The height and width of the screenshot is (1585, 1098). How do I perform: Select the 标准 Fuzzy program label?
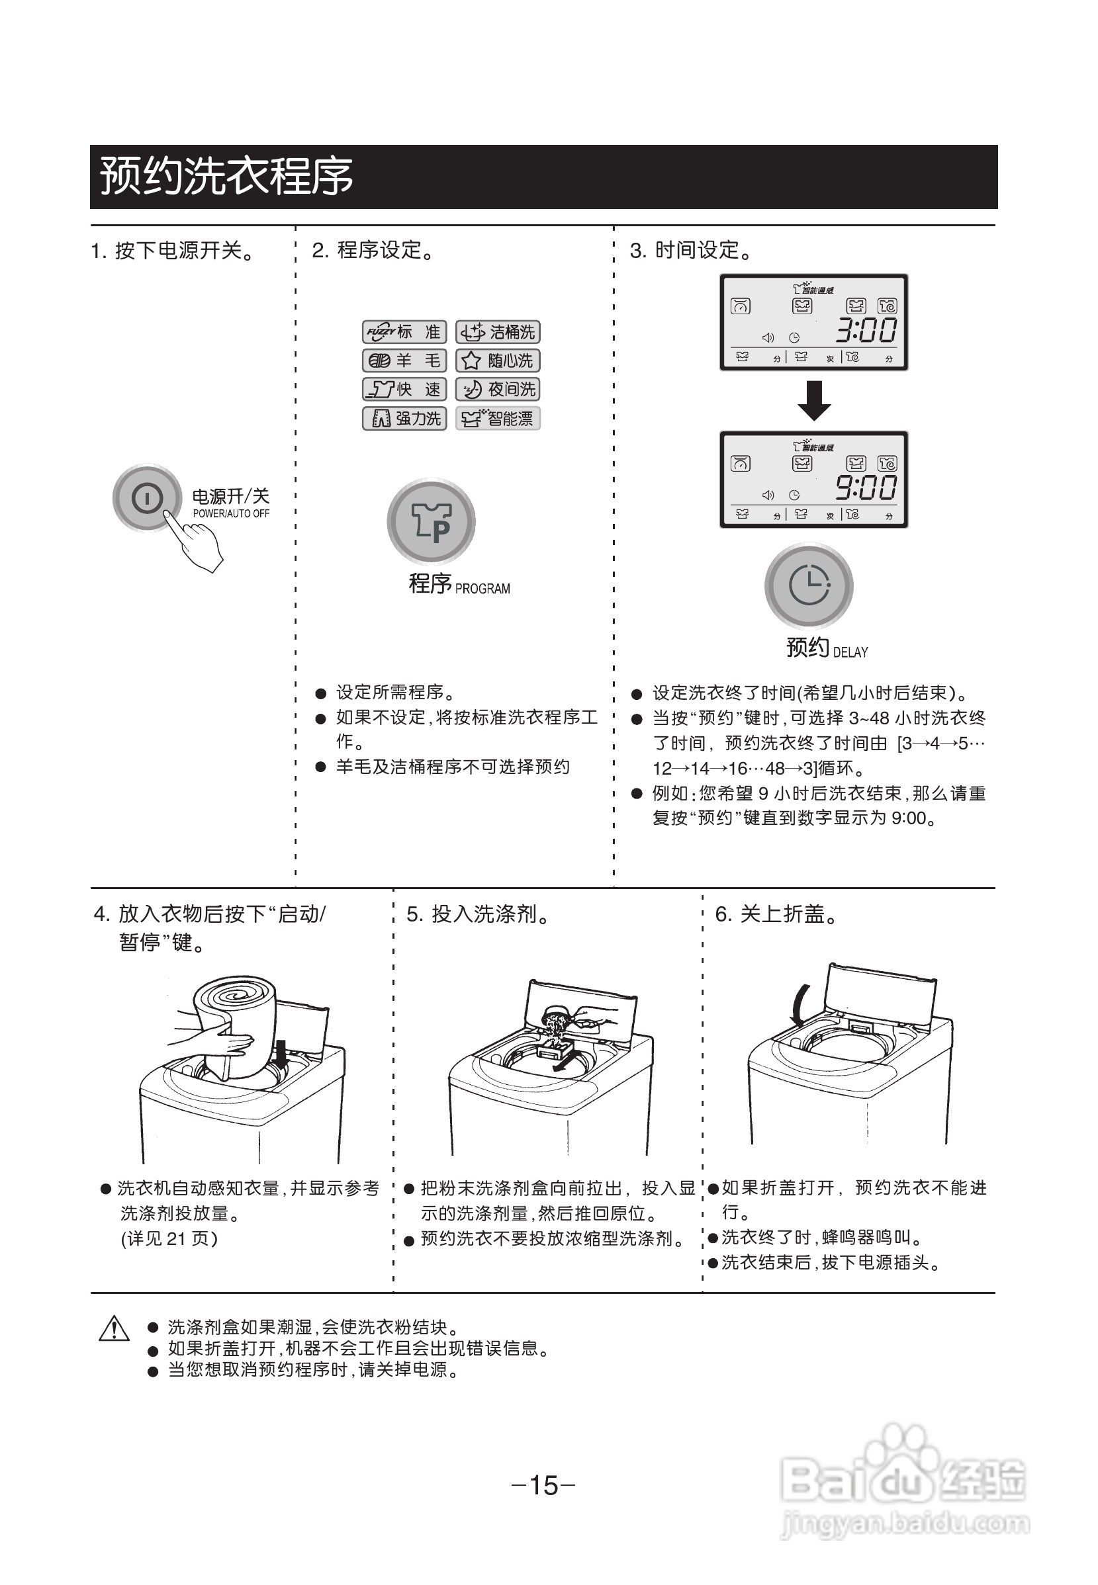pyautogui.click(x=404, y=332)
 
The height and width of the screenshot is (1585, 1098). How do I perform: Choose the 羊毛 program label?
pyautogui.click(x=404, y=361)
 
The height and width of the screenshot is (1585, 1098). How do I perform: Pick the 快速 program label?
pyautogui.click(x=404, y=389)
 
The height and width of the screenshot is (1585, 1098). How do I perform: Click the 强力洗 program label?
pyautogui.click(x=404, y=418)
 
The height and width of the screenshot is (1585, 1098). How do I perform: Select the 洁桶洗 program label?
pyautogui.click(x=498, y=332)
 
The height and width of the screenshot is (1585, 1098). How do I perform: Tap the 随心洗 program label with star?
pyautogui.click(x=498, y=361)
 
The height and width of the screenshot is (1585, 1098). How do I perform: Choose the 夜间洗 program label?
pyautogui.click(x=498, y=389)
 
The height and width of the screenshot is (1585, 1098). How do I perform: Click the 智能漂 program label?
pyautogui.click(x=498, y=418)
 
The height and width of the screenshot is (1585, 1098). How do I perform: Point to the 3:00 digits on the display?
pyautogui.click(x=866, y=331)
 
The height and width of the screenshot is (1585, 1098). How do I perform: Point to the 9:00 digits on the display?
pyautogui.click(x=866, y=488)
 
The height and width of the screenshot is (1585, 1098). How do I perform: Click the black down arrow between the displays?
pyautogui.click(x=814, y=400)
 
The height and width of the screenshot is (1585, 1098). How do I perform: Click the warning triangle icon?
pyautogui.click(x=114, y=1328)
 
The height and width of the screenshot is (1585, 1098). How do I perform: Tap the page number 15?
pyautogui.click(x=543, y=1485)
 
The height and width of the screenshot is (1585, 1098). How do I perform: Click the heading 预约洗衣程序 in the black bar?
pyautogui.click(x=227, y=176)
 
